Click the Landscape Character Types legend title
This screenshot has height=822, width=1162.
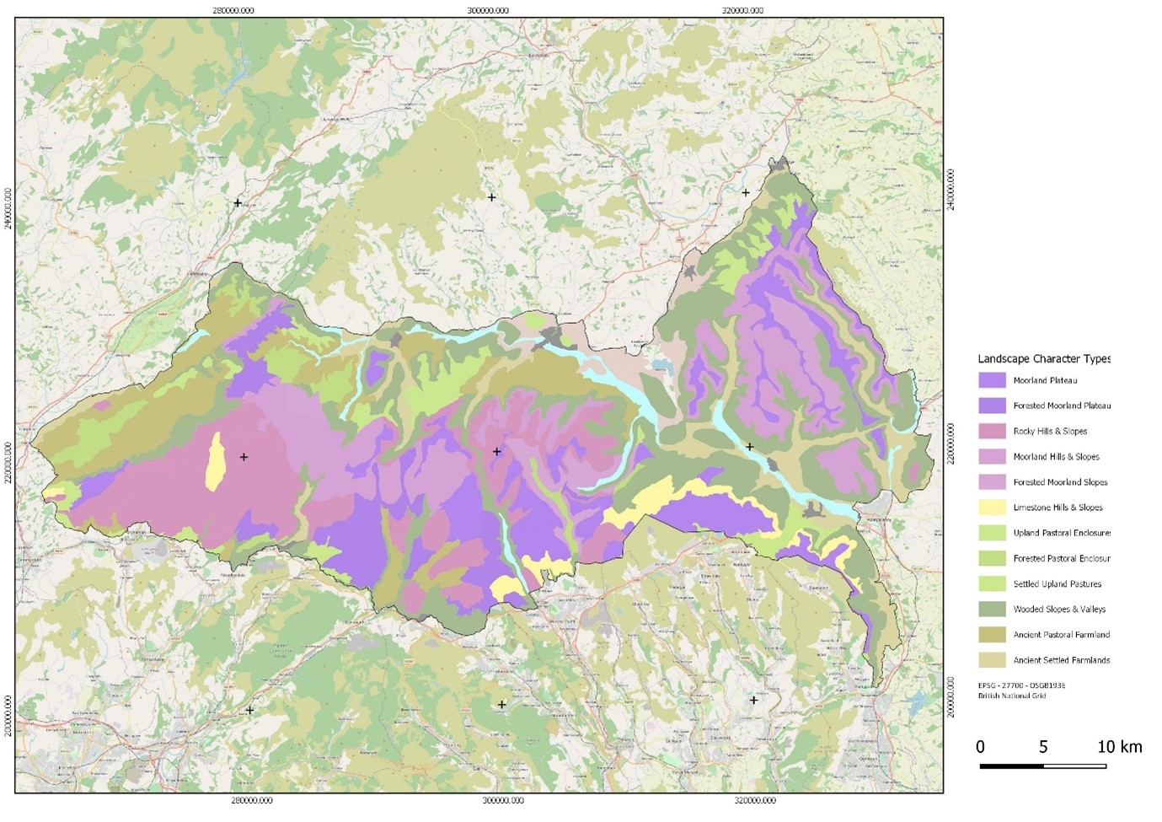(x=1044, y=359)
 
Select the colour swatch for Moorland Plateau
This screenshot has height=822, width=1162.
(x=992, y=380)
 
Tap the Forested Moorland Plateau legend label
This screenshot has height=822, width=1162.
(x=1062, y=406)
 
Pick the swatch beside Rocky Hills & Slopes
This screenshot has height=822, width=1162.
(x=992, y=431)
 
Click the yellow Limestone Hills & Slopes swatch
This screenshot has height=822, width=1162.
(x=992, y=508)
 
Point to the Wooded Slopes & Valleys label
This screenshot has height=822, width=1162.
(x=1059, y=609)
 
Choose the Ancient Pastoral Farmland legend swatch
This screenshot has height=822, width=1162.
(x=992, y=634)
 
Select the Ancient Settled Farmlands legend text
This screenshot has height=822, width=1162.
(x=1061, y=660)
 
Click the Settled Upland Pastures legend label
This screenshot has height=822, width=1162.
(x=1057, y=583)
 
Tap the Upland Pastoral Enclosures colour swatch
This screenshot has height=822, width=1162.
(x=992, y=533)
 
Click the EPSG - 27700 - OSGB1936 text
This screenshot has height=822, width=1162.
(x=1021, y=685)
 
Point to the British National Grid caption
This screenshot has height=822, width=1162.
(x=1011, y=696)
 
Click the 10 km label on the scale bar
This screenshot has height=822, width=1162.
(x=1119, y=747)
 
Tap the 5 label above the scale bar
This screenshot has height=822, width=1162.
(x=1043, y=747)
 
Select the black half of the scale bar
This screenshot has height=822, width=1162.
(x=1011, y=766)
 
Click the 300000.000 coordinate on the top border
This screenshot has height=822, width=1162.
(x=488, y=11)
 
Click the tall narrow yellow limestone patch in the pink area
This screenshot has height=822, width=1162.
(x=216, y=461)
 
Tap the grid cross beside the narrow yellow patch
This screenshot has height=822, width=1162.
(x=244, y=457)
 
